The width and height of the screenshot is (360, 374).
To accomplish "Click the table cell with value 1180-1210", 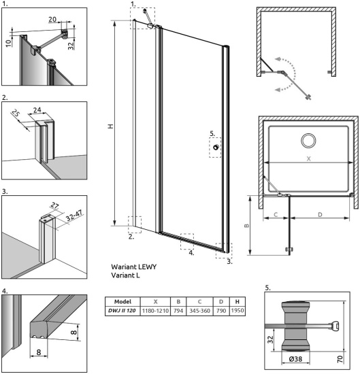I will click(x=156, y=310).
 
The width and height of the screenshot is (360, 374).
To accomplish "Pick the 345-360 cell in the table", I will click(x=199, y=310).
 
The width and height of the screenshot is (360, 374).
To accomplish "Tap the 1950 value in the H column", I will click(x=238, y=310).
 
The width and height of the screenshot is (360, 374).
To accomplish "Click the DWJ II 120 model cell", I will click(x=122, y=310).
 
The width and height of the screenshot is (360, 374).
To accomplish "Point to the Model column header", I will click(x=122, y=301).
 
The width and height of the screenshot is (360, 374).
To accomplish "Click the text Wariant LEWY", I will click(x=133, y=267).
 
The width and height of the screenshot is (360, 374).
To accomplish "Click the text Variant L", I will click(x=127, y=276).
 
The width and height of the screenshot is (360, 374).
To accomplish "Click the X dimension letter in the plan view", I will click(x=308, y=158).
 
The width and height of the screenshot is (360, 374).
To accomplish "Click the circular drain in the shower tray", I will click(x=308, y=141).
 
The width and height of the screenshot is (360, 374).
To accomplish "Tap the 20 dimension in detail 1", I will click(x=52, y=20).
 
